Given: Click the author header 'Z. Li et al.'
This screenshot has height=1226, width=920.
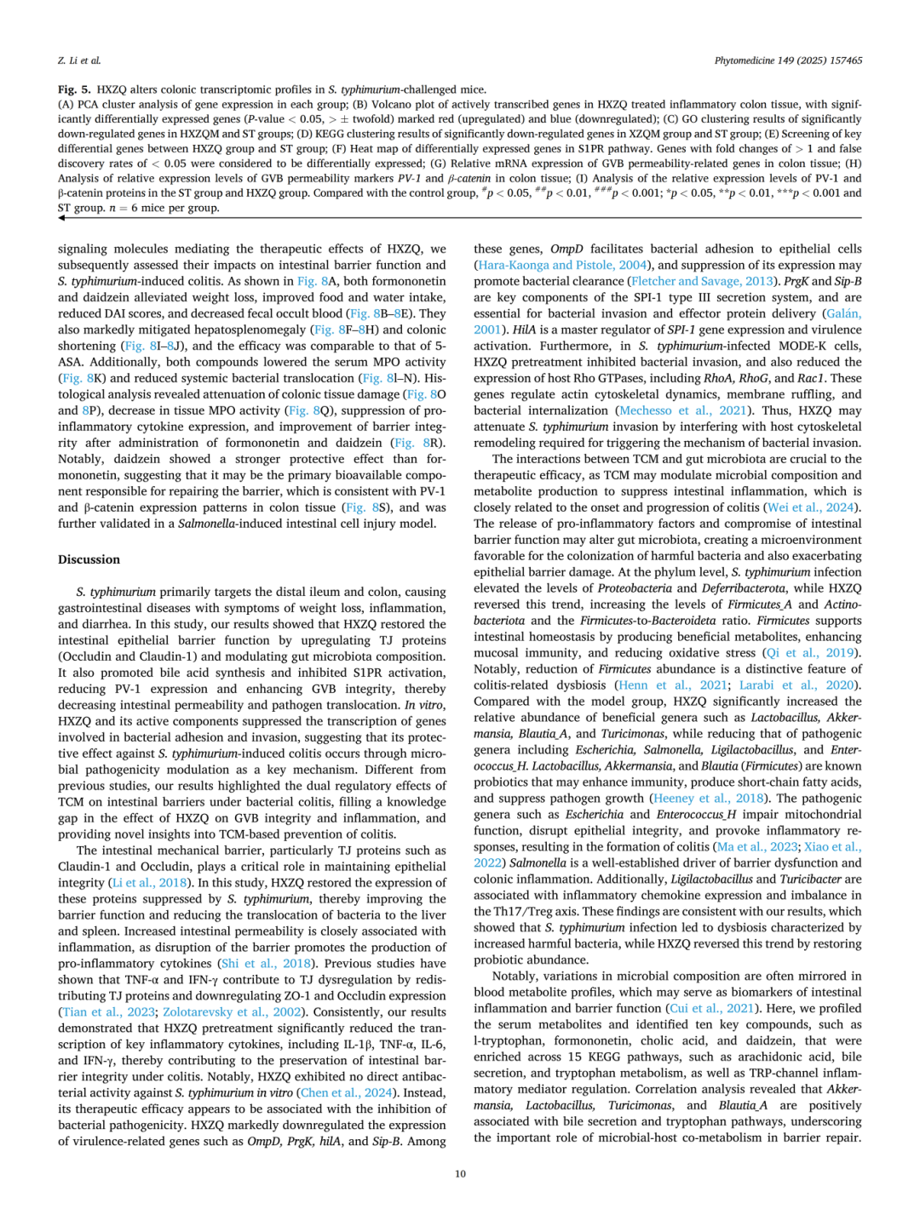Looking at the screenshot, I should (x=79, y=60).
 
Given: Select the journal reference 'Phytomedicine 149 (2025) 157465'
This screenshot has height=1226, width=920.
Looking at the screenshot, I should (x=788, y=60).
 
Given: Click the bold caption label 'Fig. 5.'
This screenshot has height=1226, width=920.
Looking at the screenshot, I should (x=74, y=89).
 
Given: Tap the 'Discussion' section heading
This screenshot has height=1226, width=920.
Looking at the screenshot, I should (x=89, y=559).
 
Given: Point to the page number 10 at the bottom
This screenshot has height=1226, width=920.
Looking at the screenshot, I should (x=460, y=1173).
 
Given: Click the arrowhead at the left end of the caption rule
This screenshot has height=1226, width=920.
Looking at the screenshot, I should (x=61, y=218).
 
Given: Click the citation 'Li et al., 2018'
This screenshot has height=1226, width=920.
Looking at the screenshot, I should (x=150, y=883).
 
